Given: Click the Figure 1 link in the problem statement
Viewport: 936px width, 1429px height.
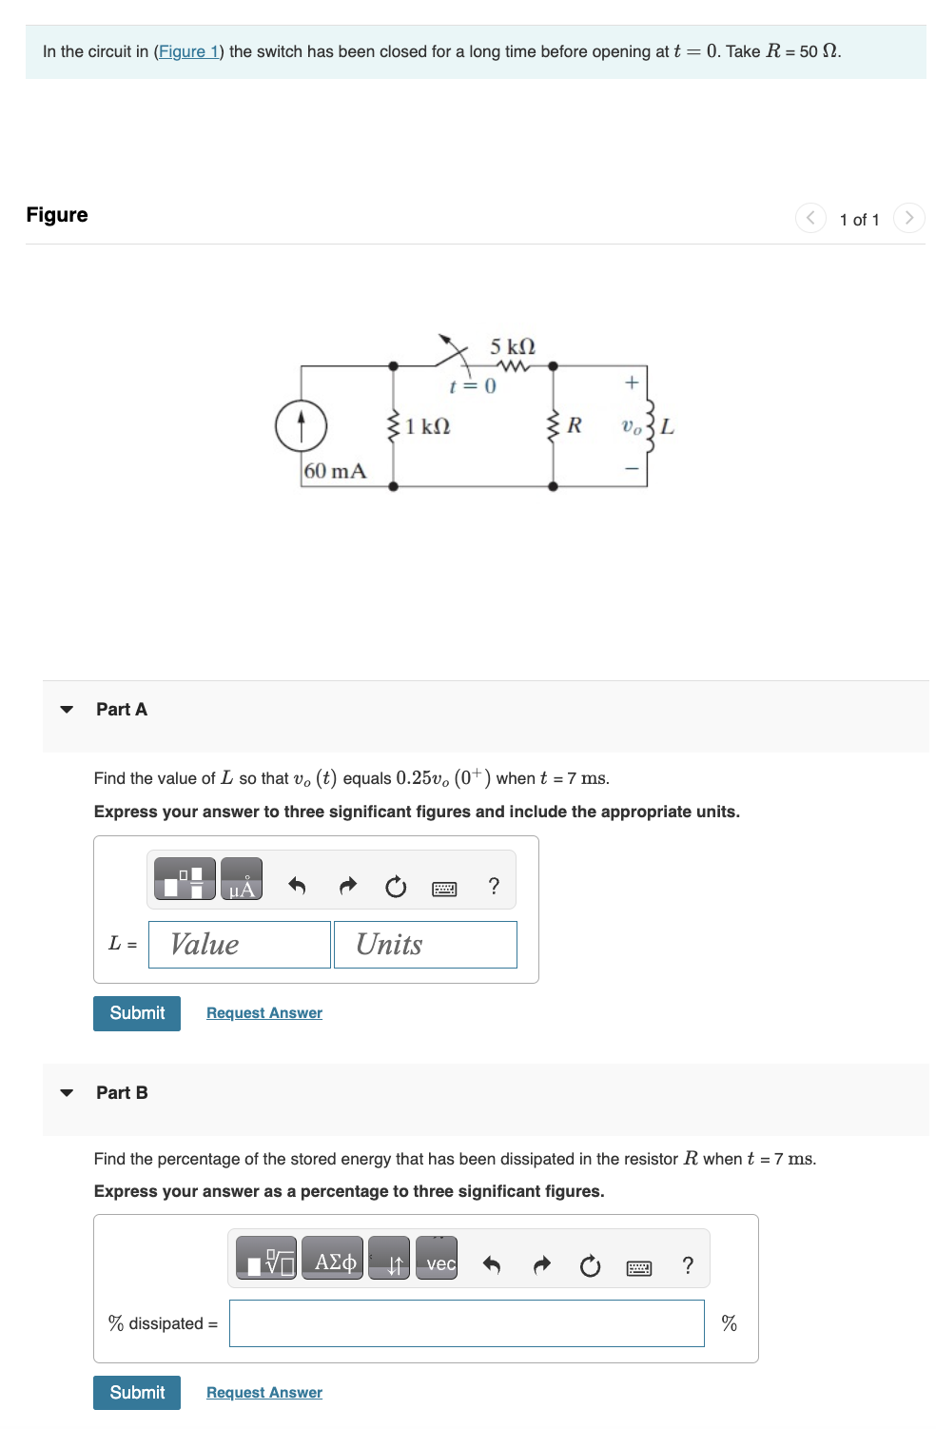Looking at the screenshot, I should pyautogui.click(x=188, y=51).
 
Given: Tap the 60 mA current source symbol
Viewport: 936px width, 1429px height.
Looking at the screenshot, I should pyautogui.click(x=301, y=425).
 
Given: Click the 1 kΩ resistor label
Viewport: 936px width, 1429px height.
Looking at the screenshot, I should pyautogui.click(x=428, y=426).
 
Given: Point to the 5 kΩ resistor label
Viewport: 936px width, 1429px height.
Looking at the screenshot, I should pyautogui.click(x=513, y=346).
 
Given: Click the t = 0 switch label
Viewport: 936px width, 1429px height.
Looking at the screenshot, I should pyautogui.click(x=473, y=386).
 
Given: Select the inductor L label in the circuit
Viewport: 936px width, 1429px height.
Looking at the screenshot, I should pyautogui.click(x=668, y=426).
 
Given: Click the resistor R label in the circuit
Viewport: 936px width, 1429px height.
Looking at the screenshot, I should pyautogui.click(x=575, y=425).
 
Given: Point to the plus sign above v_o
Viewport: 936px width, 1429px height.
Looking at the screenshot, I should pyautogui.click(x=631, y=382).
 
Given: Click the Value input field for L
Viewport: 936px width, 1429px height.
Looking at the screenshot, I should pyautogui.click(x=240, y=944).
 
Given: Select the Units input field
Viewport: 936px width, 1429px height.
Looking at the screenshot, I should pyautogui.click(x=425, y=944).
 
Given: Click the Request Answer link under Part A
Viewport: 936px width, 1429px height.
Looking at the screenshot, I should pyautogui.click(x=264, y=1013).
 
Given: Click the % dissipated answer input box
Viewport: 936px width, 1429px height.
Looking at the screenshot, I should pyautogui.click(x=466, y=1323).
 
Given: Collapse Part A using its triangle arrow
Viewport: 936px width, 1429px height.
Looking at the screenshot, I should pyautogui.click(x=67, y=710).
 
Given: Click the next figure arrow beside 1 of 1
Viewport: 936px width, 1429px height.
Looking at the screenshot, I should pyautogui.click(x=908, y=218).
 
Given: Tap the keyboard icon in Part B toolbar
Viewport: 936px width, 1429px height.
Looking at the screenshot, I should pyautogui.click(x=639, y=1267).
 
